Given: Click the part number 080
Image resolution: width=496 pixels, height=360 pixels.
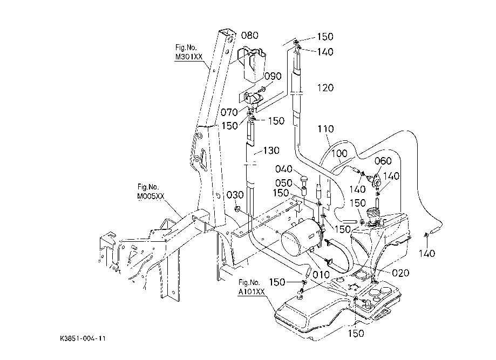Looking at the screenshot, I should (x=249, y=36).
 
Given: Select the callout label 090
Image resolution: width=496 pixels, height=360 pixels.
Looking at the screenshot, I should (x=273, y=76).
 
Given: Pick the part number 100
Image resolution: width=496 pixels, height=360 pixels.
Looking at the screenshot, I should (x=339, y=154).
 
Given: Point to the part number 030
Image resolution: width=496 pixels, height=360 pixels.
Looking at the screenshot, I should (x=235, y=194).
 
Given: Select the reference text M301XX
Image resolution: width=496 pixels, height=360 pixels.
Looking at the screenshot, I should (x=189, y=57).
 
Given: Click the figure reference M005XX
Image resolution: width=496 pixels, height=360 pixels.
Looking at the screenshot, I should (x=151, y=197).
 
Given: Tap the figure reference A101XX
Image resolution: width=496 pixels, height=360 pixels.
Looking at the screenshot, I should (x=252, y=292).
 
